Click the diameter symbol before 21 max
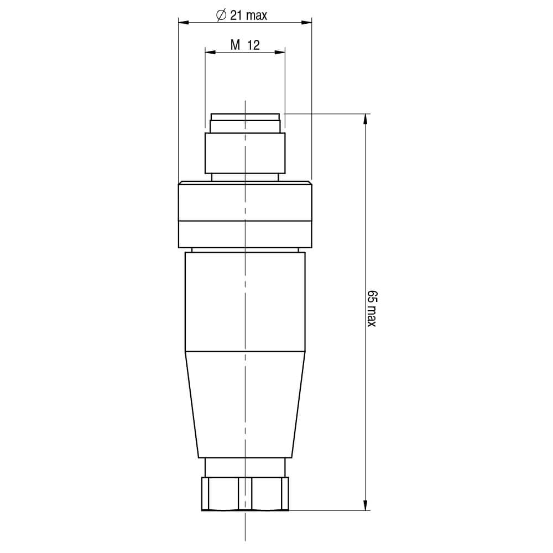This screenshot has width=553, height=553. click(221, 15)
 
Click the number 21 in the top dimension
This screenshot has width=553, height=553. click(237, 15)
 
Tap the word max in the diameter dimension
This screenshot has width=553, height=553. click(257, 16)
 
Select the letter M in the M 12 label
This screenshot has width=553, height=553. click(235, 45)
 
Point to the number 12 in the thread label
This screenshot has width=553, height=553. click(254, 45)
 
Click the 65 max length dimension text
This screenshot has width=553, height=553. click(372, 309)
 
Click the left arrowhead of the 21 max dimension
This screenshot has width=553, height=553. click(184, 23)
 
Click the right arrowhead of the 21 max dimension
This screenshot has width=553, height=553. click(306, 23)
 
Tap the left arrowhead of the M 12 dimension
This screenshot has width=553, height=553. click(211, 53)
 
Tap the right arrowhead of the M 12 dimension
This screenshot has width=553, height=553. click(280, 53)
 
